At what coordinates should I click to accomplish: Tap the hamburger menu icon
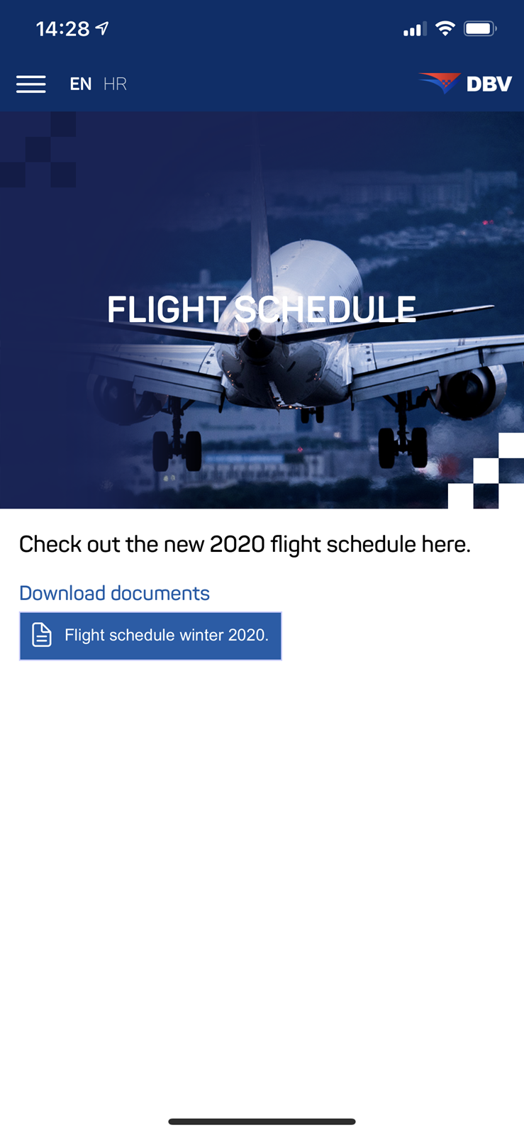(x=31, y=84)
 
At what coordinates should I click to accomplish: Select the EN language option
(x=81, y=84)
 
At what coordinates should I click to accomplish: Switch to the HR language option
(x=115, y=84)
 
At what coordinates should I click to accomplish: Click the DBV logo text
(x=489, y=84)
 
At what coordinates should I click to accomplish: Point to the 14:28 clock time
(x=63, y=29)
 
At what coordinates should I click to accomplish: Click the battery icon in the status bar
(x=480, y=29)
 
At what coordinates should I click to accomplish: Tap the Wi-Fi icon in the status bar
(x=445, y=28)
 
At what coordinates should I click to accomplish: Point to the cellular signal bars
(x=415, y=29)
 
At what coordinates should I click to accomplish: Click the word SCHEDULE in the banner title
(x=325, y=309)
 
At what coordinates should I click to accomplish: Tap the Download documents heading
(x=114, y=593)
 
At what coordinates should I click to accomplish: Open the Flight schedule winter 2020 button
(x=150, y=636)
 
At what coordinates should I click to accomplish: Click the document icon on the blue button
(x=42, y=635)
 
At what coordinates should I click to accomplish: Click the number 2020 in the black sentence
(x=237, y=545)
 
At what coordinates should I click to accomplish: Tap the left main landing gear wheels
(x=177, y=451)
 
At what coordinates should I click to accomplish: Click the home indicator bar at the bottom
(x=262, y=1122)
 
